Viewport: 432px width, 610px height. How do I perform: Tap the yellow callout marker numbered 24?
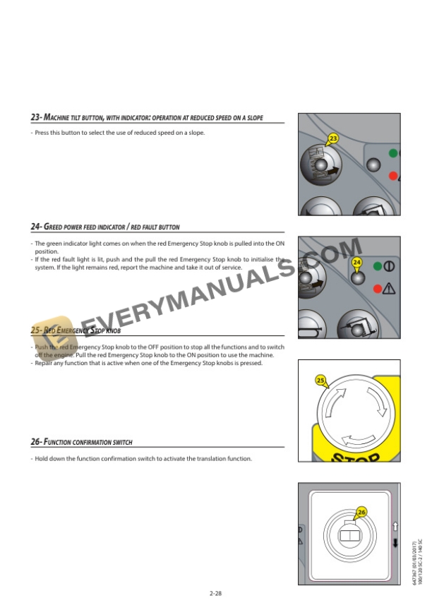pos(356,263)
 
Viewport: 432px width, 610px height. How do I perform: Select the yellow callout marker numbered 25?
pos(320,381)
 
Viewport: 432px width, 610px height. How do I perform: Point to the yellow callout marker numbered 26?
pos(361,511)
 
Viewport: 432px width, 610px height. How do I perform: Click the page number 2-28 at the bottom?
pos(216,593)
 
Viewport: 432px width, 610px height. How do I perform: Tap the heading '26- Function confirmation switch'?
pos(81,442)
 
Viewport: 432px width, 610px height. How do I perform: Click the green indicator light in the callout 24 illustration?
pos(378,267)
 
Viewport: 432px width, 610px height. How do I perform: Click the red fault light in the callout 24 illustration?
pos(378,287)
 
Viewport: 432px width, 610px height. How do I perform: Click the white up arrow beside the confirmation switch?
pos(395,526)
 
